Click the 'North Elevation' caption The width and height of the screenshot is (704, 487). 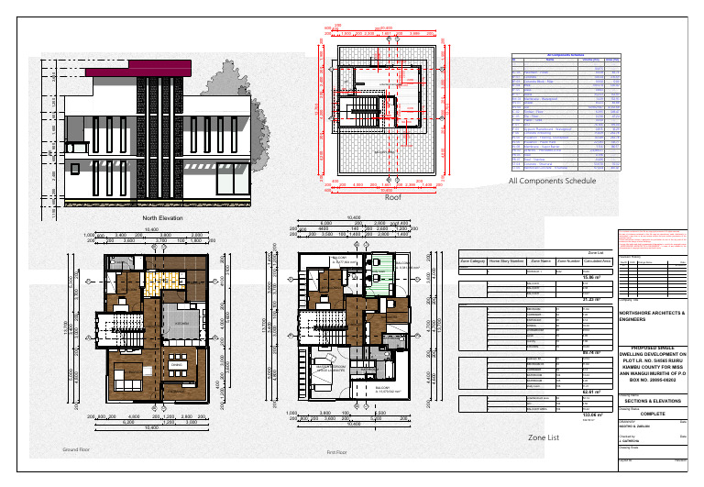[x=162, y=218]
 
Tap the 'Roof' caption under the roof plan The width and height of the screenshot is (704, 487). [x=393, y=198]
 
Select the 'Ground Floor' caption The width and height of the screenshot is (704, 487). [x=75, y=451]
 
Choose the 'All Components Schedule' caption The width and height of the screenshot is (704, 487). [x=552, y=182]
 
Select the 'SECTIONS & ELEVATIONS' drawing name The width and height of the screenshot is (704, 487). [x=652, y=401]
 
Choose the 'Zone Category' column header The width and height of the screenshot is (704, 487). [x=471, y=261]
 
